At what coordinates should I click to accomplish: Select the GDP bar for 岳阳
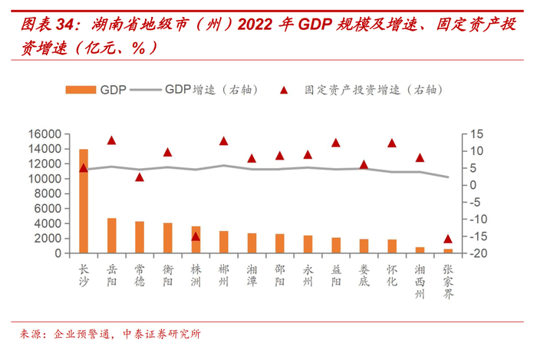point(112,236)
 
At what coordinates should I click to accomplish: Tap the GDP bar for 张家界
point(448,250)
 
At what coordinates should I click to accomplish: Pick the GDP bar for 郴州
point(224,242)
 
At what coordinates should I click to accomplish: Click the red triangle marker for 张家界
point(448,239)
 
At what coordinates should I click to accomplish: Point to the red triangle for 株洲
point(196,236)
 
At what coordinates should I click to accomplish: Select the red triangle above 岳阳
point(112,140)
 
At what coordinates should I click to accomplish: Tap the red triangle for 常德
point(140,177)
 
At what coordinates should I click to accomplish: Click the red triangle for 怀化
point(392,143)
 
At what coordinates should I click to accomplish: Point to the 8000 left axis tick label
point(48,193)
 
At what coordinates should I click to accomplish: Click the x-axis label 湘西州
point(420,281)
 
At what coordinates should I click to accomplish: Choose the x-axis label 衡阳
point(167,276)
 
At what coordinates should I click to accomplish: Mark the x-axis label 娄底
point(364,276)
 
